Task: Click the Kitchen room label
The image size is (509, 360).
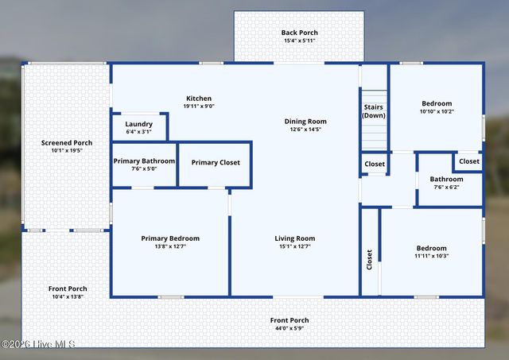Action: tap(199, 99)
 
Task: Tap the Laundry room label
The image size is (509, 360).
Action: tap(139, 124)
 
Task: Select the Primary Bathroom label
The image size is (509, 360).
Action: tap(144, 161)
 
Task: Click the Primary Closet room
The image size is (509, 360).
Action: tap(216, 163)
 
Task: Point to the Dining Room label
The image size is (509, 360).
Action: tap(305, 122)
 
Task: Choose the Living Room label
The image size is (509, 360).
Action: tap(295, 238)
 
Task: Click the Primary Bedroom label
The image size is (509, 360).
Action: tap(170, 238)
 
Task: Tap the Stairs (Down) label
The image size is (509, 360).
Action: tap(374, 110)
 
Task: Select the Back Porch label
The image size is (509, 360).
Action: tap(299, 33)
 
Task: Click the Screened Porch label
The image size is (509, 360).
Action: tap(67, 143)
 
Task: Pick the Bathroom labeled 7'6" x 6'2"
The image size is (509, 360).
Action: tap(446, 179)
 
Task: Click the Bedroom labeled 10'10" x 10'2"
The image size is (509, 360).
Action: tap(437, 103)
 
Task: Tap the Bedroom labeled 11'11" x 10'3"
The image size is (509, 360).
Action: tap(431, 248)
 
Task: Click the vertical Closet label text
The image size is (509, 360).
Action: tap(369, 260)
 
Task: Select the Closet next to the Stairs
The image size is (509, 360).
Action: tap(375, 165)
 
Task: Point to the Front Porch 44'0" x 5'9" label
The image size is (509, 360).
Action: tap(289, 320)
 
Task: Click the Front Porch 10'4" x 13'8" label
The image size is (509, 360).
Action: tap(67, 288)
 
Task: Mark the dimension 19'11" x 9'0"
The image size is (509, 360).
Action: tap(199, 106)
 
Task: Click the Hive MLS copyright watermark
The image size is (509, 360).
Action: tap(38, 344)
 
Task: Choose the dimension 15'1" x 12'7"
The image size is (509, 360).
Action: tap(295, 246)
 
